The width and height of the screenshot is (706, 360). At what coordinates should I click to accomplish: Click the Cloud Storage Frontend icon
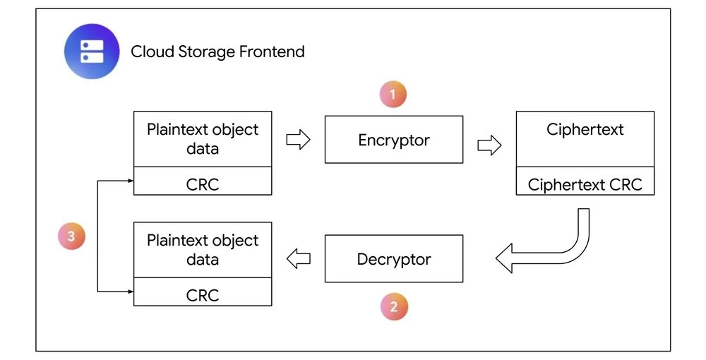[92, 52]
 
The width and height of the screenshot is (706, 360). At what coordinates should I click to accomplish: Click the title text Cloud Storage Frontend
[217, 52]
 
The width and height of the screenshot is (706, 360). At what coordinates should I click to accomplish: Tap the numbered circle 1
[393, 95]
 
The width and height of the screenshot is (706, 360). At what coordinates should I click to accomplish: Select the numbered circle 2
[394, 306]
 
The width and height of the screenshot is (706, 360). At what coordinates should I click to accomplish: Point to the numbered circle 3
[71, 236]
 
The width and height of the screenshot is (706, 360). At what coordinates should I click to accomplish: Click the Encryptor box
[394, 140]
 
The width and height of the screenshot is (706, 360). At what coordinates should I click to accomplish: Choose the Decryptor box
[394, 259]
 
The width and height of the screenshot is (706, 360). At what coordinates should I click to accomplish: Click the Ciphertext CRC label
[585, 184]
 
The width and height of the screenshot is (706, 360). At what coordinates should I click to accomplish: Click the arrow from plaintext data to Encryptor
[298, 140]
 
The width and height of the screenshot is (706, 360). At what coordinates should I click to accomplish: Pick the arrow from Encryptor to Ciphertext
[489, 145]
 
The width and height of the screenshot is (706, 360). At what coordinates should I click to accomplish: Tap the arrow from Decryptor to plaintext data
[299, 259]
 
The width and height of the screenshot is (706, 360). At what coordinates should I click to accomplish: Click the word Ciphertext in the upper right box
[585, 130]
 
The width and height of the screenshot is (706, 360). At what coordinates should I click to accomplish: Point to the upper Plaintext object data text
[203, 139]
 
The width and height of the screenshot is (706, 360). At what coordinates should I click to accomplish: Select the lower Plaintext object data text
[203, 250]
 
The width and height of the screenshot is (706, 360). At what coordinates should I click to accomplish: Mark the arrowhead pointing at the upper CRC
[131, 181]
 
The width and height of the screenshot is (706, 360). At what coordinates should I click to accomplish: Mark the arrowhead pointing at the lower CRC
[131, 292]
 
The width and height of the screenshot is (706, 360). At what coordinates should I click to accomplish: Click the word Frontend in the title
[272, 52]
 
